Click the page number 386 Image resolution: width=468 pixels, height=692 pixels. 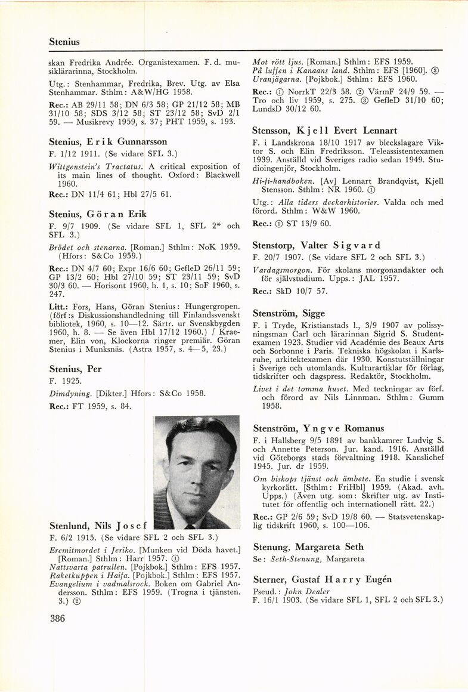[x=58, y=618]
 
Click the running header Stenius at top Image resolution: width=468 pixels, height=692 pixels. [x=64, y=42]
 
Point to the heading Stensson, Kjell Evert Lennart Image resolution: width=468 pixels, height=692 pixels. [x=325, y=130]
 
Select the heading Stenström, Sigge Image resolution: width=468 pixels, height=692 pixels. [x=289, y=313]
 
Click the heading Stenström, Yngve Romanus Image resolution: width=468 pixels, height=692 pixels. [x=318, y=428]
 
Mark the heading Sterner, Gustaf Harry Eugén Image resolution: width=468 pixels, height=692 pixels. [x=324, y=580]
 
